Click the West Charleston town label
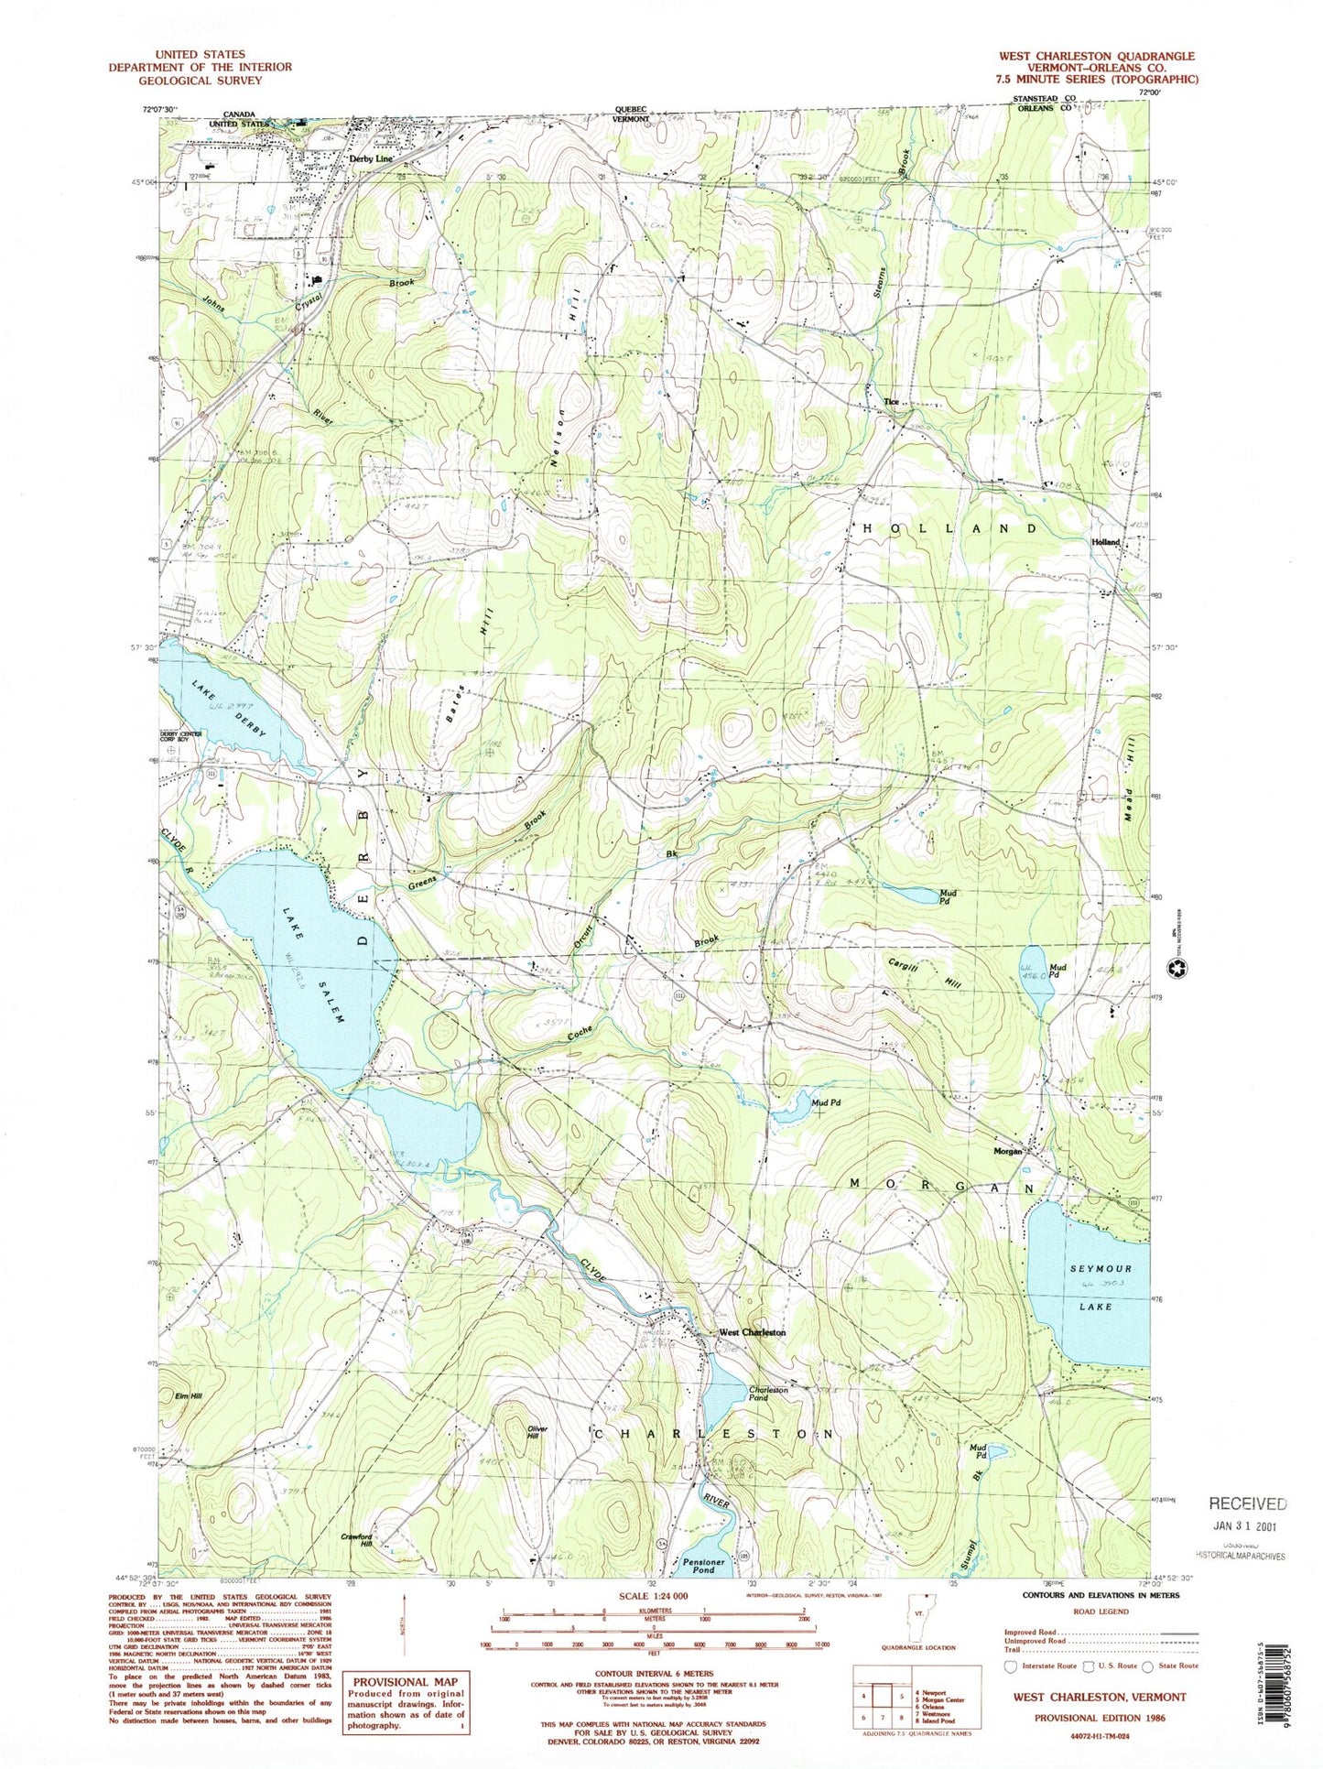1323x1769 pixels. point(751,1332)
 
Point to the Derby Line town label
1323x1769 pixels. point(371,158)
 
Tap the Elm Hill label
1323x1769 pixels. point(190,1395)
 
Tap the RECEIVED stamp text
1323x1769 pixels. point(1247,1503)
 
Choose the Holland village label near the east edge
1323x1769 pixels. point(1105,542)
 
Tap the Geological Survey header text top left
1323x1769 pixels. point(200,80)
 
